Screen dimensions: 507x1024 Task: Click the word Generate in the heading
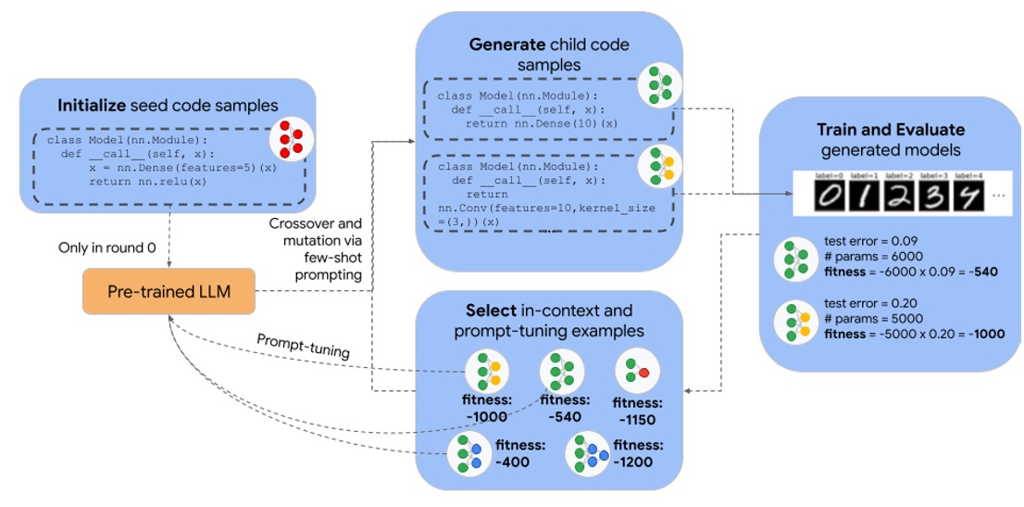tap(506, 44)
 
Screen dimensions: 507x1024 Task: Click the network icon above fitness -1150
tap(637, 372)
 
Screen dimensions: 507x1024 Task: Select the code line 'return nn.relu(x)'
tap(148, 182)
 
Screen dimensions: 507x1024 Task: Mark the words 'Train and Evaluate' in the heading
tap(890, 130)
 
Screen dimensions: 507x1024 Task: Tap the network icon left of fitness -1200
tap(587, 454)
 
